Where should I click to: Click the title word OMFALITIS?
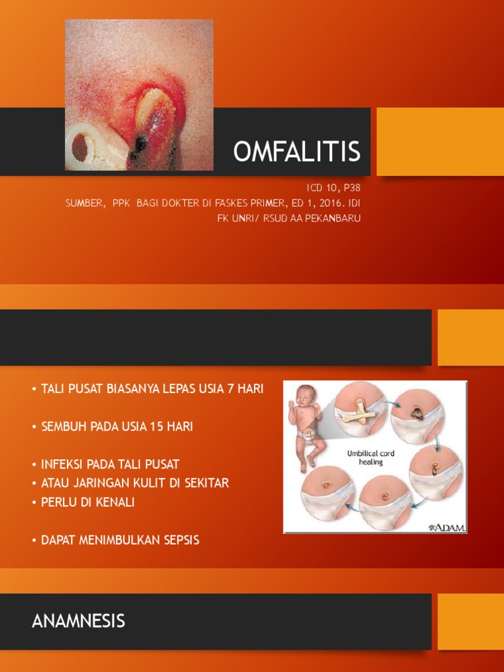click(297, 152)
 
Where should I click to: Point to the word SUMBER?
click(85, 203)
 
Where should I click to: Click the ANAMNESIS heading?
click(78, 621)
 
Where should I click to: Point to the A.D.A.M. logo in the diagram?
click(445, 526)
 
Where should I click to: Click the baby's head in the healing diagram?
click(304, 396)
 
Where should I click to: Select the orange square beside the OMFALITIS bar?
click(440, 142)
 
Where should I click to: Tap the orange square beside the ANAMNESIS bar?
click(470, 621)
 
